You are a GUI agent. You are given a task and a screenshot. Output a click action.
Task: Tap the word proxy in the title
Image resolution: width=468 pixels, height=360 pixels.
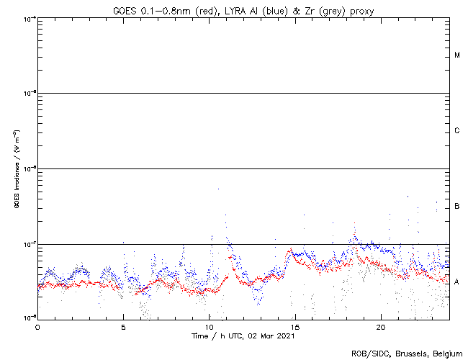point(360,11)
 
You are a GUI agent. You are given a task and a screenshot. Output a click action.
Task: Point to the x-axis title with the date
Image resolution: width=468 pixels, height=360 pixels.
point(243,336)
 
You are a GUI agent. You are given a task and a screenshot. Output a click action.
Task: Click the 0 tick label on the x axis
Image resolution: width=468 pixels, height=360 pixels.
point(37,326)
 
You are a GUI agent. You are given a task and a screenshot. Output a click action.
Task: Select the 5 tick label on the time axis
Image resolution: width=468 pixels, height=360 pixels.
point(123,326)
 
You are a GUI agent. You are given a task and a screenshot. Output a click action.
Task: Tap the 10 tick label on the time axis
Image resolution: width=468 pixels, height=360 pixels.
point(209,326)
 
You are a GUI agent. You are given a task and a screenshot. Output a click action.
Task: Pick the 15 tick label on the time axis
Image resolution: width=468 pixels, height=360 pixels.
point(294,326)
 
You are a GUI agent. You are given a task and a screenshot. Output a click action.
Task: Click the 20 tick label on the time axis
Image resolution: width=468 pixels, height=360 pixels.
point(380,326)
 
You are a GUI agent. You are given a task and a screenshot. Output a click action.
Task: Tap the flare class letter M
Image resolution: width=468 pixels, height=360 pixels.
point(457,55)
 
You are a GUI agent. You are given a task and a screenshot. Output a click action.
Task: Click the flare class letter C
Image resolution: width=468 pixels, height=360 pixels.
point(457,131)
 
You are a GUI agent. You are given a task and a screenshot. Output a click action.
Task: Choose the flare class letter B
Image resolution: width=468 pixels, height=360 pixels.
point(457,207)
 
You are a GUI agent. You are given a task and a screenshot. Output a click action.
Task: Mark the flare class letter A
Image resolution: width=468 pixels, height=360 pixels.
point(457,282)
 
